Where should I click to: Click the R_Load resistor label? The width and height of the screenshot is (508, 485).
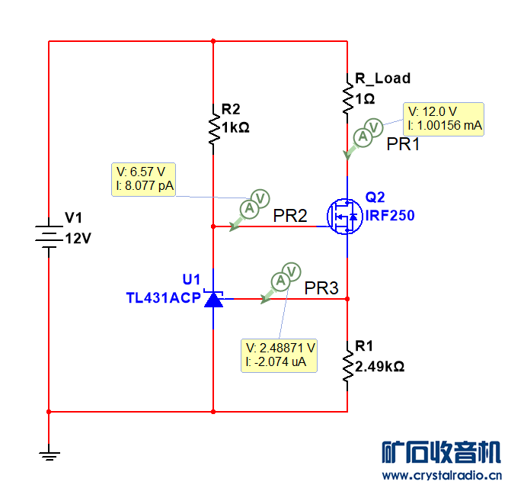(383, 78)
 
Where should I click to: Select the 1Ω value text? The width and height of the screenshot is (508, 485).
(366, 98)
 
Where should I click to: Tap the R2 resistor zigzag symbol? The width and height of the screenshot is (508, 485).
(213, 124)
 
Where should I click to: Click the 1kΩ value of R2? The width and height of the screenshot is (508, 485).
(235, 128)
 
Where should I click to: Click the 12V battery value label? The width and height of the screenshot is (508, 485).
(78, 238)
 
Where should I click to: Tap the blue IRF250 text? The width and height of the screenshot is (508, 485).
(390, 216)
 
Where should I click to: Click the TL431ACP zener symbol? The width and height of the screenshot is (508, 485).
(213, 298)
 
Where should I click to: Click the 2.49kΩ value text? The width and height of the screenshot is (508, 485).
(379, 366)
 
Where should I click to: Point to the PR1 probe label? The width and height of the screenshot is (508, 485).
(403, 144)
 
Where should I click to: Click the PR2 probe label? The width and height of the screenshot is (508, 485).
(290, 217)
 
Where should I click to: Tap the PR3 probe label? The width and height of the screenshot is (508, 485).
(321, 288)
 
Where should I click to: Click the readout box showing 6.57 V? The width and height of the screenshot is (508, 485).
(144, 178)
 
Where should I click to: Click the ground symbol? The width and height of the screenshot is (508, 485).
(49, 456)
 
